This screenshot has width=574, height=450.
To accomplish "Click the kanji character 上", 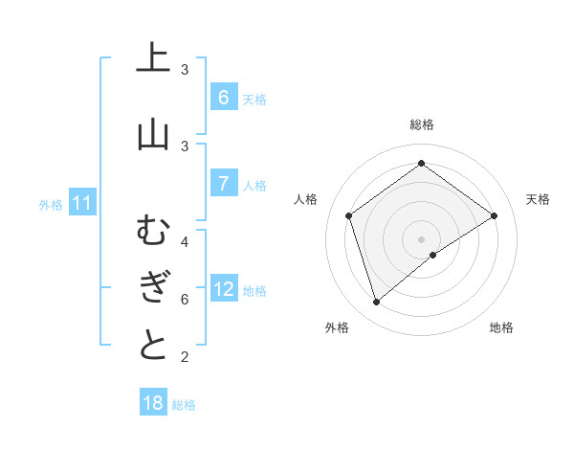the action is click(153, 58).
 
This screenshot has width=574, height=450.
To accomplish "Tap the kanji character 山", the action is click(153, 134).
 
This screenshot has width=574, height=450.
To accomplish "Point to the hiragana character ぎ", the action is click(153, 287).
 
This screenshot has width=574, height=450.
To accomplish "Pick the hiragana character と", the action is click(153, 345).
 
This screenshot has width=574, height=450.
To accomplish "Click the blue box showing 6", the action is click(223, 97).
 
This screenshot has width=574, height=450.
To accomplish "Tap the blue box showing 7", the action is click(223, 183).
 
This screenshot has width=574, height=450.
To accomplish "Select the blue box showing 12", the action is click(224, 289).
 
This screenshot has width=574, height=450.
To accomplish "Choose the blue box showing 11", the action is click(82, 203).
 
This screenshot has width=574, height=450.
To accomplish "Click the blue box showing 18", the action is click(153, 403).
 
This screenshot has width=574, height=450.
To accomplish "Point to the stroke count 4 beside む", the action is click(185, 241).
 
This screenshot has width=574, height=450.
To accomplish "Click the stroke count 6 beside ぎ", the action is click(185, 299).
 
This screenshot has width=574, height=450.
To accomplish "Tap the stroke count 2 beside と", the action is click(185, 357).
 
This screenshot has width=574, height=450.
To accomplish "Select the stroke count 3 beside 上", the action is click(185, 69).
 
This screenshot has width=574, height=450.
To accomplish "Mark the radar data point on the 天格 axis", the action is click(494, 215).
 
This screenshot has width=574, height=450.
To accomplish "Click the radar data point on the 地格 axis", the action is click(433, 255).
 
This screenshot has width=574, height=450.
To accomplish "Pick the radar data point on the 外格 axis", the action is click(376, 303).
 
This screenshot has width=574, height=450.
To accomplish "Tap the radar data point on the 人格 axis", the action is click(348, 215).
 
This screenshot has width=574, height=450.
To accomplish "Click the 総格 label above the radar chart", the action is click(421, 124).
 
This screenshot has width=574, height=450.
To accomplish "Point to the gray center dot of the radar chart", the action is click(421, 238).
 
